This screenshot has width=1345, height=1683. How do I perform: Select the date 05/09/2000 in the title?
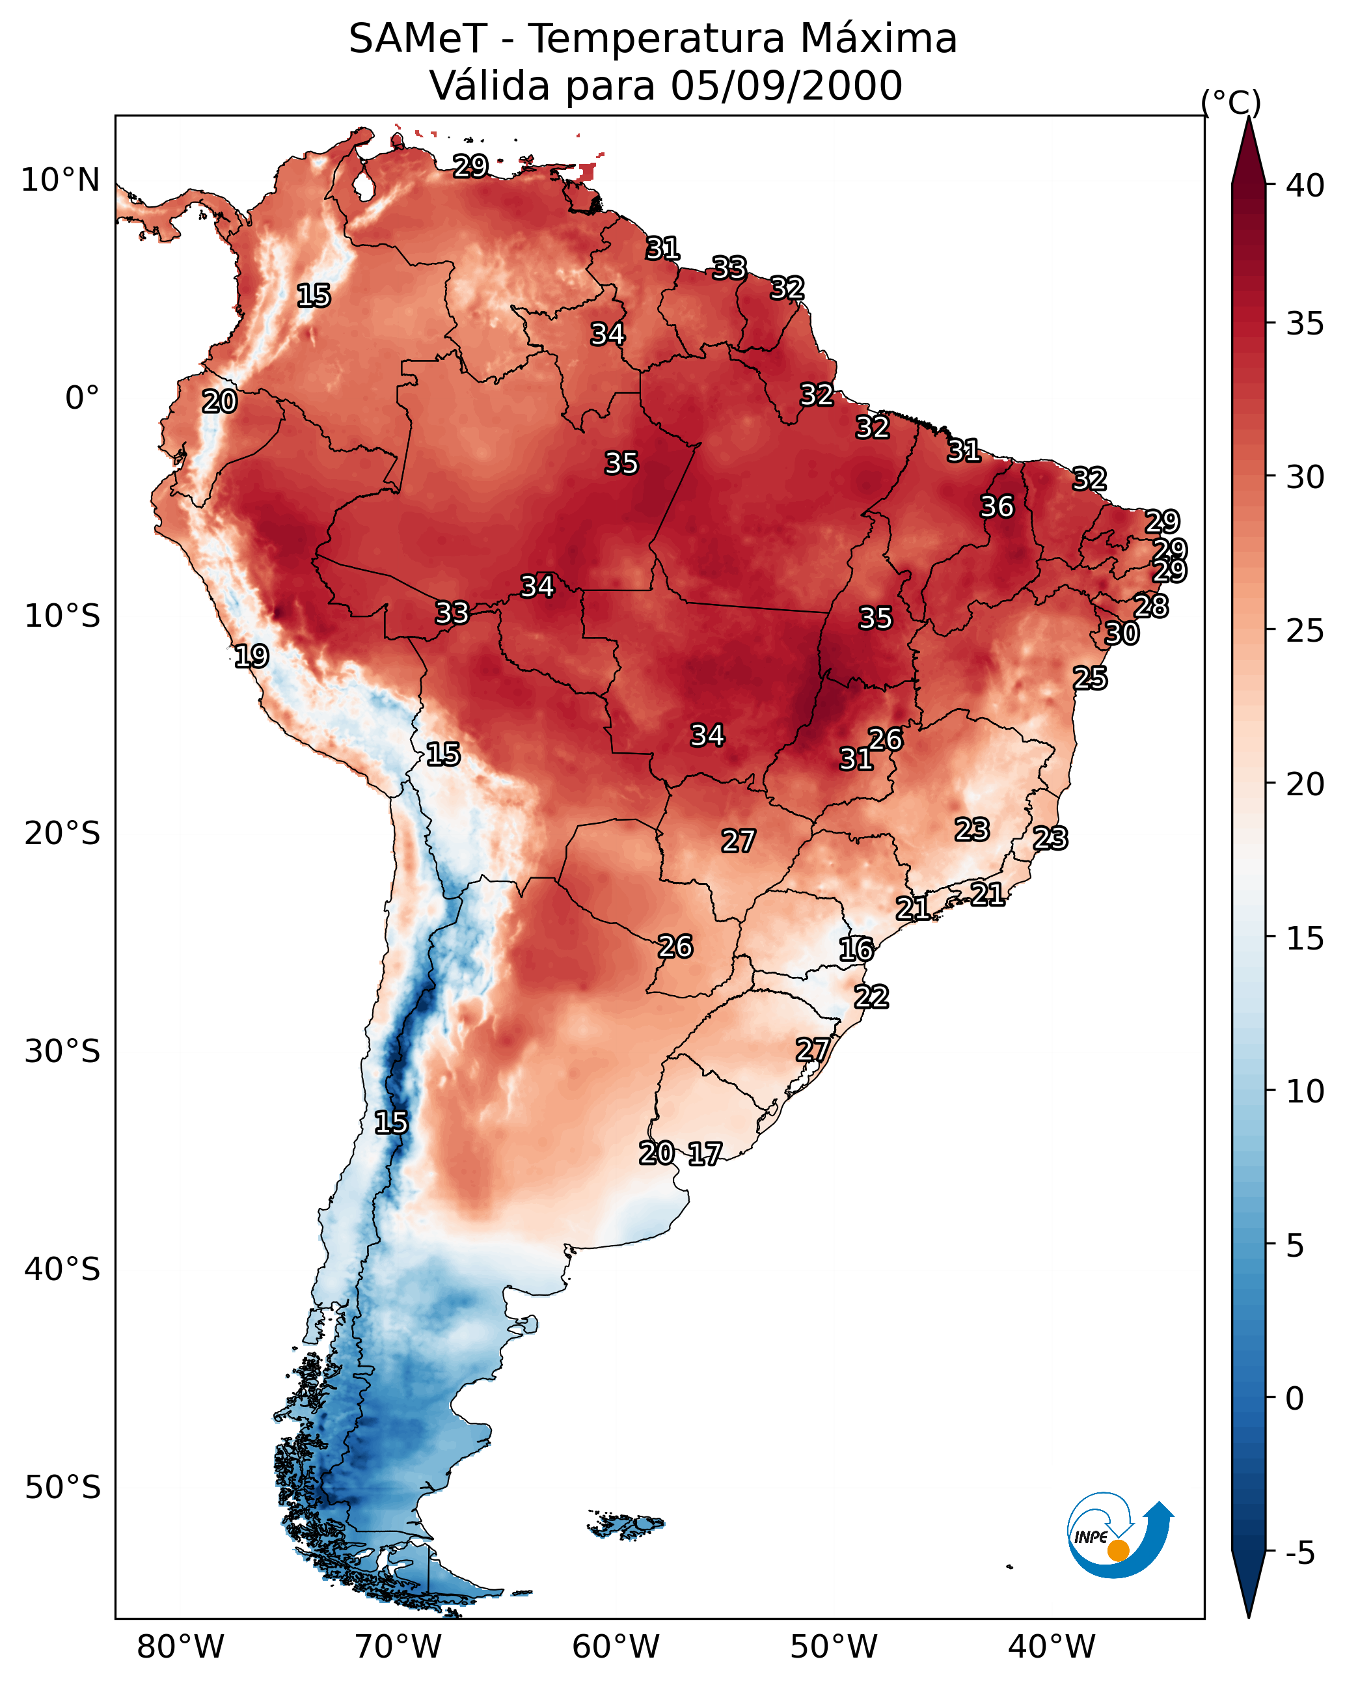point(786,86)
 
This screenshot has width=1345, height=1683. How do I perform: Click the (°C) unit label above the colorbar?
point(1230,102)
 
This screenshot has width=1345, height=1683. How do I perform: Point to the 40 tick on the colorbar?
point(1305,185)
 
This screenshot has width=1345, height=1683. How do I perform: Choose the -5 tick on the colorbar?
point(1301,1553)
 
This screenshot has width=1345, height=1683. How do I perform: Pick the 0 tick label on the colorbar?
point(1294,1398)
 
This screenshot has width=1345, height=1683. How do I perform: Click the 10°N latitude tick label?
point(60,180)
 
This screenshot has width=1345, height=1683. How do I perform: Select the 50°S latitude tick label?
point(62,1488)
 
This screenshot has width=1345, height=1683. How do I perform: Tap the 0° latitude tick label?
point(82,398)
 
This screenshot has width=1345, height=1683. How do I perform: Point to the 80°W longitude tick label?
point(180,1647)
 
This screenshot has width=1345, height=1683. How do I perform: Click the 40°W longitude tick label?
point(1052,1647)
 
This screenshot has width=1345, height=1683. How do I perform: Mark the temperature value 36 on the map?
point(997,506)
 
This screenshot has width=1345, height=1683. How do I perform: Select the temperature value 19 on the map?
point(251,656)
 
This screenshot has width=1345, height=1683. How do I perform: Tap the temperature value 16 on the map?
point(856,950)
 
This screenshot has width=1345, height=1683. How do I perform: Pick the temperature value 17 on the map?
point(705,1154)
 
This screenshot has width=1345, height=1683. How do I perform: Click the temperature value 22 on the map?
point(871,997)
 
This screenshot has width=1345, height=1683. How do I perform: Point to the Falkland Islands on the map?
point(626,1526)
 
